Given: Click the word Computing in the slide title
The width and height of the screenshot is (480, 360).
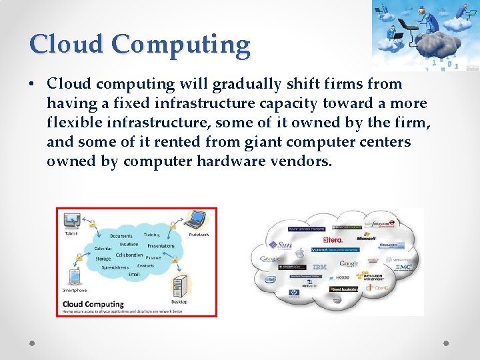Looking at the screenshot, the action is pyautogui.click(x=181, y=45).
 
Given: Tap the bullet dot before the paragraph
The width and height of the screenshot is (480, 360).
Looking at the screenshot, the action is pyautogui.click(x=32, y=85).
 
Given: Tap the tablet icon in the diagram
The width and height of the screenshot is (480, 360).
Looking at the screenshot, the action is pyautogui.click(x=71, y=221).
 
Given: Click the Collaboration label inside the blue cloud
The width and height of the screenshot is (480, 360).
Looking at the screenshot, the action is pyautogui.click(x=129, y=255).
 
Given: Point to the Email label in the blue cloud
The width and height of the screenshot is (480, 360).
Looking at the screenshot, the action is pyautogui.click(x=134, y=274).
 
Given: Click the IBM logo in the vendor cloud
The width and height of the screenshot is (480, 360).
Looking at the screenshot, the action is pyautogui.click(x=320, y=267).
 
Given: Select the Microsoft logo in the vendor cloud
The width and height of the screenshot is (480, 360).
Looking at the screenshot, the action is pyautogui.click(x=366, y=237).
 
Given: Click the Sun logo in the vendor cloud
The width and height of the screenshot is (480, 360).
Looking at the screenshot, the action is pyautogui.click(x=283, y=245).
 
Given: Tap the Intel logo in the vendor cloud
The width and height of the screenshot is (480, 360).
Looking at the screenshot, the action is pyautogui.click(x=271, y=281).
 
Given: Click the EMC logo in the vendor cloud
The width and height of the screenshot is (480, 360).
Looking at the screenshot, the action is pyautogui.click(x=403, y=266).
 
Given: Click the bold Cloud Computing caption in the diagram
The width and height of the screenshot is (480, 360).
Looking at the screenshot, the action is pyautogui.click(x=93, y=304).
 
